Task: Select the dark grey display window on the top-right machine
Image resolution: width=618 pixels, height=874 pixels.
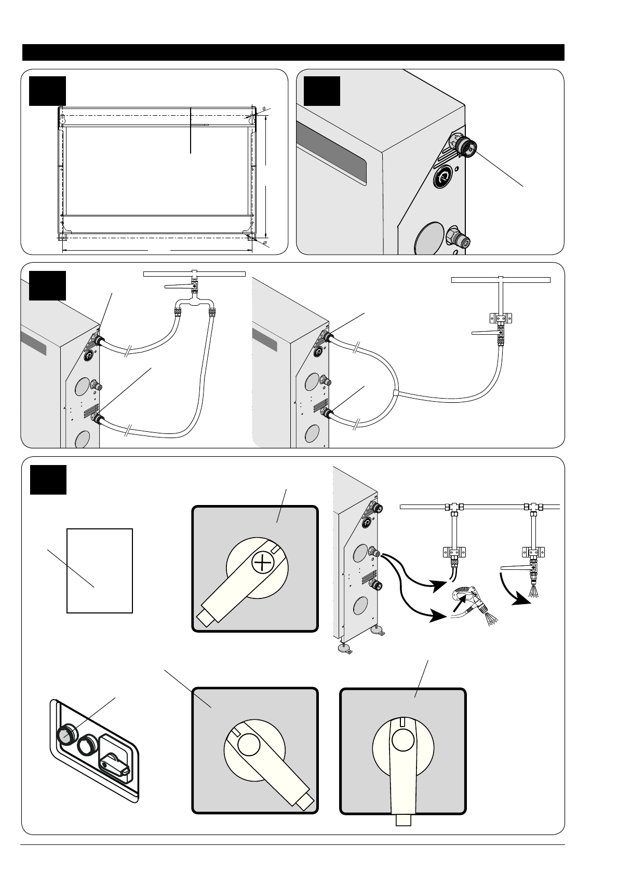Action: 332,156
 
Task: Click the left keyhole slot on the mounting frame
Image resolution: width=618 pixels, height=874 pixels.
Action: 62,119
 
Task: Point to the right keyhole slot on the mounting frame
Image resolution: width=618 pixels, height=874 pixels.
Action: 252,119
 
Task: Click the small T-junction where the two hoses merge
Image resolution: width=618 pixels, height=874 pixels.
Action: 396,393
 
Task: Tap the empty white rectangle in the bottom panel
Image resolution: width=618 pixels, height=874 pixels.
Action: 100,570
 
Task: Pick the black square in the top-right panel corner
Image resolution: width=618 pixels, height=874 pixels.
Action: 322,91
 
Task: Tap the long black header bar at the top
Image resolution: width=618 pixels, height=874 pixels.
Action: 293,52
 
